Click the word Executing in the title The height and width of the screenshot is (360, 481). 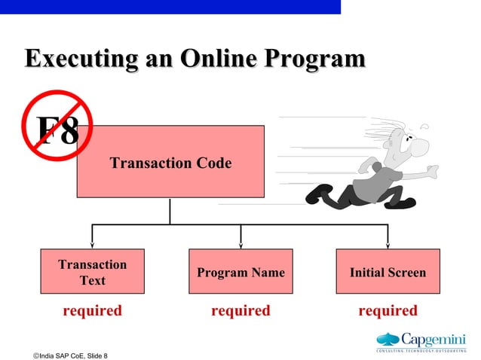[x=72, y=59]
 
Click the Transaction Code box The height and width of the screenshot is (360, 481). [x=170, y=163]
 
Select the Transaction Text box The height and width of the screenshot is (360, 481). [x=92, y=271]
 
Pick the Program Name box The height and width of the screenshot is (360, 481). [x=240, y=271]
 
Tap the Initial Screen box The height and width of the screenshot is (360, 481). [x=388, y=271]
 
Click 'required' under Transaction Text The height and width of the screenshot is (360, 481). [x=92, y=310]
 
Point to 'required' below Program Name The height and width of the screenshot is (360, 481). [x=240, y=310]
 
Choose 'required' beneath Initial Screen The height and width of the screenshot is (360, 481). [x=388, y=310]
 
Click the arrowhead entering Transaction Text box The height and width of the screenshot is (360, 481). [x=92, y=245]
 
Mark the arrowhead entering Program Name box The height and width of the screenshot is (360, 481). [x=240, y=245]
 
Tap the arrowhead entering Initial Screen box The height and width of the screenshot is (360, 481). [x=388, y=245]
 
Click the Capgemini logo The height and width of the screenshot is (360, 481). [x=421, y=340]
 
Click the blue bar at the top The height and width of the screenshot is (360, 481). [x=170, y=7]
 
